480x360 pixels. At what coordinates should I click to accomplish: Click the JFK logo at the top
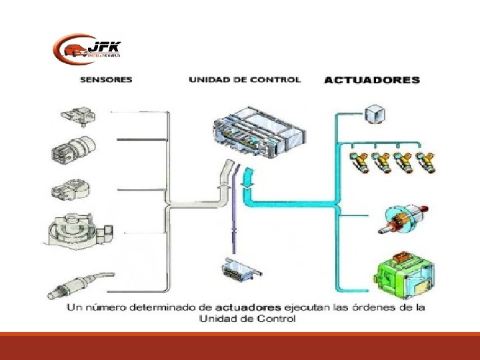point(87,49)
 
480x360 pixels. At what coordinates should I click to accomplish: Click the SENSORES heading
point(106,79)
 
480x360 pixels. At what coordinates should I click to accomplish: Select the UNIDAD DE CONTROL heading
point(244,79)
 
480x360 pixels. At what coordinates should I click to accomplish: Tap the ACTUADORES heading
point(371,80)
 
